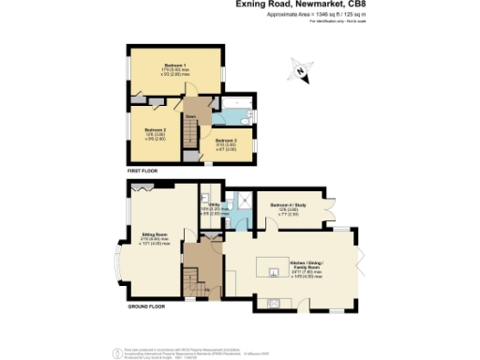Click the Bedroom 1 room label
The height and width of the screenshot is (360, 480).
(172, 62)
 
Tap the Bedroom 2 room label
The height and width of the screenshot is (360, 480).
(155, 131)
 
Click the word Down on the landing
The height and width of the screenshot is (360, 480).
(189, 116)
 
